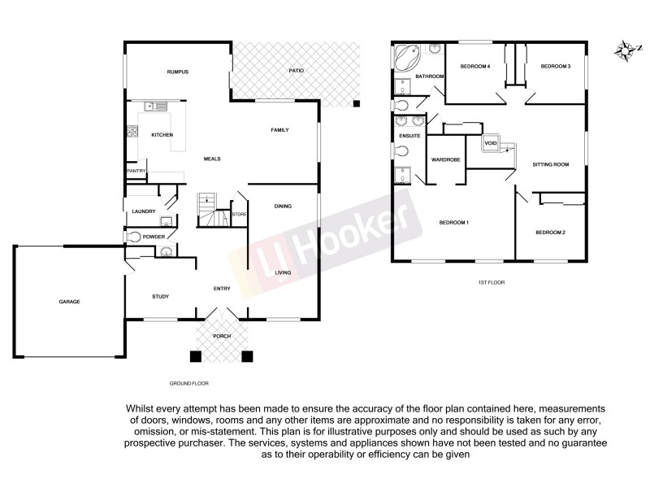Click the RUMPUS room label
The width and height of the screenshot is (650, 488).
pyautogui.click(x=178, y=72)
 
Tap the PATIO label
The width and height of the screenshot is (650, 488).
pyautogui.click(x=297, y=72)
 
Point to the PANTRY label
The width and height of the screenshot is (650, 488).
pyautogui.click(x=135, y=172)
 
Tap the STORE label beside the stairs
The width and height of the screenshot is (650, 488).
pyautogui.click(x=240, y=214)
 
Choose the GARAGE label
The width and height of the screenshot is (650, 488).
pyautogui.click(x=69, y=302)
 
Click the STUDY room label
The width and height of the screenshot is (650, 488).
pyautogui.click(x=160, y=296)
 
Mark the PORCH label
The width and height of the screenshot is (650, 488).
pyautogui.click(x=222, y=336)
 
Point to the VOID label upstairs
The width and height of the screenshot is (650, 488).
pyautogui.click(x=490, y=143)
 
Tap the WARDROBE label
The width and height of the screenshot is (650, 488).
pyautogui.click(x=446, y=159)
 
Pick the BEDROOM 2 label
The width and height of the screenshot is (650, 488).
pyautogui.click(x=550, y=233)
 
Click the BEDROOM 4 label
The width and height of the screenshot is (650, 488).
pyautogui.click(x=475, y=66)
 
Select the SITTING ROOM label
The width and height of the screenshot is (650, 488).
pyautogui.click(x=550, y=164)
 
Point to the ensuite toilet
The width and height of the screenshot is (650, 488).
pyautogui.click(x=402, y=150)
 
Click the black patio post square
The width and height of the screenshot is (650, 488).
pyautogui.click(x=356, y=103)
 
